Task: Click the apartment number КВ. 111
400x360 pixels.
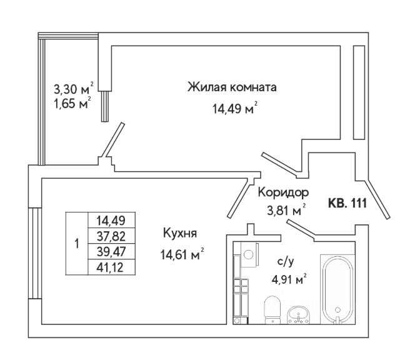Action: click(347, 204)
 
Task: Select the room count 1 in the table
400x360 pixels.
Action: click(77, 244)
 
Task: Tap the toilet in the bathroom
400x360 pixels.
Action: click(272, 309)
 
